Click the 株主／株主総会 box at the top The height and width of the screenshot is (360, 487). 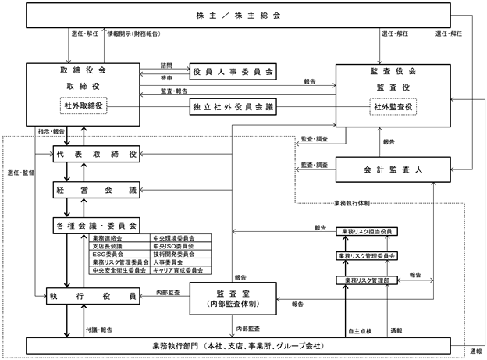pyautogui.click(x=238, y=16)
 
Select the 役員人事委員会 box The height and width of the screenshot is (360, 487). pyautogui.click(x=233, y=72)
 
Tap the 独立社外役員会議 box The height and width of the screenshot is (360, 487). pyautogui.click(x=233, y=107)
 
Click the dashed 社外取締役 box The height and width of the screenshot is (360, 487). pyautogui.click(x=84, y=105)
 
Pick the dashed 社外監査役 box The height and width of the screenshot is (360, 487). pyautogui.click(x=393, y=107)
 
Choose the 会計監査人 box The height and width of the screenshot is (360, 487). pyautogui.click(x=393, y=169)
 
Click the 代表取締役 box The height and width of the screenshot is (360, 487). pyautogui.click(x=96, y=154)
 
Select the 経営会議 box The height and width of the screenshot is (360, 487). pyautogui.click(x=96, y=190)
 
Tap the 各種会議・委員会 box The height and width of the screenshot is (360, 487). pyautogui.click(x=96, y=226)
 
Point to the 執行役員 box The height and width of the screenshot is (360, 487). pyautogui.click(x=93, y=296)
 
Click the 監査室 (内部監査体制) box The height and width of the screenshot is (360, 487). pyautogui.click(x=233, y=298)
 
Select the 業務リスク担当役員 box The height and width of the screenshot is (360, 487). pyautogui.click(x=367, y=232)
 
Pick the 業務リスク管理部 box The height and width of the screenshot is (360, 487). pyautogui.click(x=367, y=280)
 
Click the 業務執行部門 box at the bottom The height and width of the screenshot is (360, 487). pyautogui.click(x=238, y=346)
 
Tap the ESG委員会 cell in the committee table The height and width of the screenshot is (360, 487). pyautogui.click(x=119, y=255)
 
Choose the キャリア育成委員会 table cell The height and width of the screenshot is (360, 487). pyautogui.click(x=180, y=270)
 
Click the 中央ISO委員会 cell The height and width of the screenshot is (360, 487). pyautogui.click(x=180, y=246)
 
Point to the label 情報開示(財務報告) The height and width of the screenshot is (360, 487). pyautogui.click(x=133, y=34)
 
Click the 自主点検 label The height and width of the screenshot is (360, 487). pyautogui.click(x=360, y=331)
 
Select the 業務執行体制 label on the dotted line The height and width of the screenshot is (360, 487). pyautogui.click(x=352, y=204)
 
